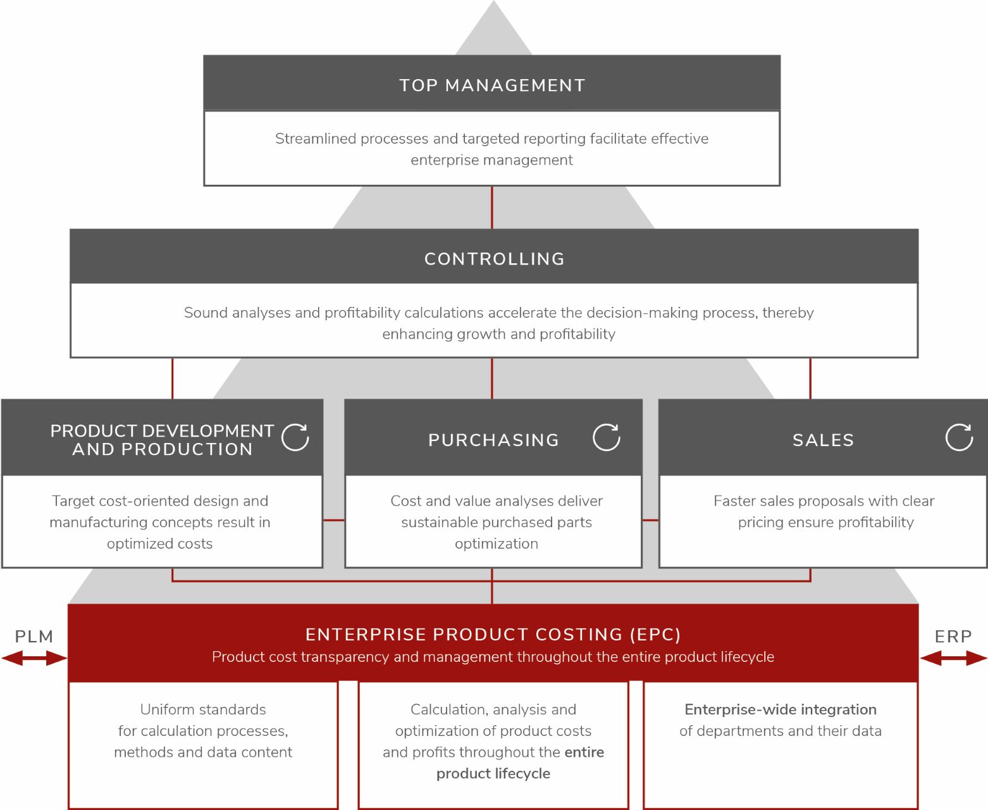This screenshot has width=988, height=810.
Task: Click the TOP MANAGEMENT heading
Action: coord(492,85)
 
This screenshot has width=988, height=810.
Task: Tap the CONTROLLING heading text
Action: coord(494,259)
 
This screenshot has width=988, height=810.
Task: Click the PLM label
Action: coord(34,637)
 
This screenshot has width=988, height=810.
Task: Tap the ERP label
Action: coord(953,637)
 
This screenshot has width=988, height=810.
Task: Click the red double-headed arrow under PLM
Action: coord(34,658)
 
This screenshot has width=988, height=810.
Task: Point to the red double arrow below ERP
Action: coord(953,658)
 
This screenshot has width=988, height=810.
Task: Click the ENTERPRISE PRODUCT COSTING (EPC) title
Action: coord(493,634)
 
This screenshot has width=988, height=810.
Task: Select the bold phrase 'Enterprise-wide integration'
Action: coord(781,709)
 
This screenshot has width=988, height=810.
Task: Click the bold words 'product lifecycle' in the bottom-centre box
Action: coord(493,773)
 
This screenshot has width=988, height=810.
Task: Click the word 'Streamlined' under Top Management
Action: coord(316,139)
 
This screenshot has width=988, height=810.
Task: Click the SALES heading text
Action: coord(823,440)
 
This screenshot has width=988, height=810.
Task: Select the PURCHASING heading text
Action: coord(493,440)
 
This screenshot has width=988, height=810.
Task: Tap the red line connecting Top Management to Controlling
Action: coord(492,207)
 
